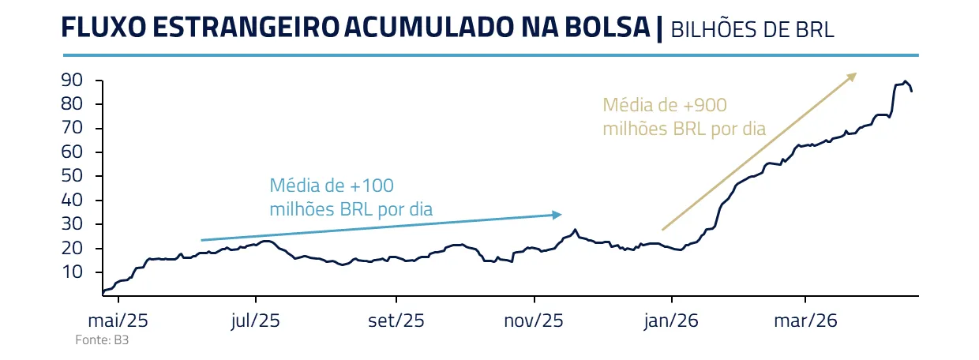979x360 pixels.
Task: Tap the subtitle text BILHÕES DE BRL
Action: click(752, 30)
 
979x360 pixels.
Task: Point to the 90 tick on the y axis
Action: click(72, 81)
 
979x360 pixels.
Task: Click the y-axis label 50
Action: click(72, 176)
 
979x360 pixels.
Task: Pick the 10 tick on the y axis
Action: click(72, 272)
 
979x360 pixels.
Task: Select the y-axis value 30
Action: click(72, 224)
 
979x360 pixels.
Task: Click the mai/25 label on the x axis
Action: click(118, 321)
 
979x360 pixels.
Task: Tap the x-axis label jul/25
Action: click(256, 321)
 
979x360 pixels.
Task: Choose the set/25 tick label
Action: click(396, 321)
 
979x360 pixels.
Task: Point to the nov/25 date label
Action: click(535, 321)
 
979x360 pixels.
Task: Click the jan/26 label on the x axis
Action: click(672, 321)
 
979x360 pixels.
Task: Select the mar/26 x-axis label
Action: click(805, 321)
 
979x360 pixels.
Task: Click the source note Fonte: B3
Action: click(91, 340)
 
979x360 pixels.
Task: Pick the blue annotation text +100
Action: click(368, 186)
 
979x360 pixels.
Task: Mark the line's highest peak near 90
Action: click(905, 81)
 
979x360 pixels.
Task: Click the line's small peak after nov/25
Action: click(575, 230)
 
